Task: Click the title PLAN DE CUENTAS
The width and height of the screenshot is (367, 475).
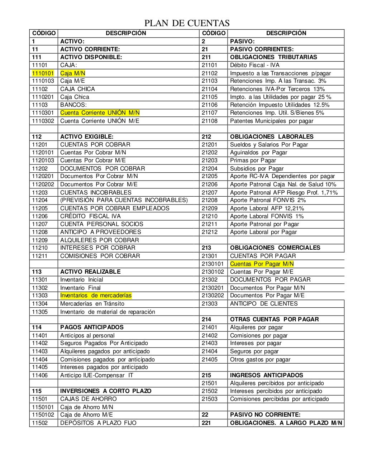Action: pos(186,24)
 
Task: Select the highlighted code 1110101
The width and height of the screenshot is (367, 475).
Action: pos(43,73)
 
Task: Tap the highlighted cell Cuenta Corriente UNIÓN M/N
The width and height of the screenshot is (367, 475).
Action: pos(100,113)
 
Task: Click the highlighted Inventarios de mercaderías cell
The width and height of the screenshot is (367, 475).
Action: pos(96,296)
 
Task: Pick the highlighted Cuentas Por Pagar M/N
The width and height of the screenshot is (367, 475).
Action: pos(262,264)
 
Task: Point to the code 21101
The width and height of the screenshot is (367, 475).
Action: pos(209,65)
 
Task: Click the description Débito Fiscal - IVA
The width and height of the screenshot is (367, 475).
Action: pos(254,65)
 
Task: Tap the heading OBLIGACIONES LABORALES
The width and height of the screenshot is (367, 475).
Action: pos(272,136)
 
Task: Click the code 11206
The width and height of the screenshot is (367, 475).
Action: pos(40,216)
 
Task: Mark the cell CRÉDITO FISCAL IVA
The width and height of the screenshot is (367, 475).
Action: pos(90,216)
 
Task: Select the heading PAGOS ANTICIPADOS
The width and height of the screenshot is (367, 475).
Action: pos(92,327)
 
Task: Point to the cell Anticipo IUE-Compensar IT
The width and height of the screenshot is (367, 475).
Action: pos(97,375)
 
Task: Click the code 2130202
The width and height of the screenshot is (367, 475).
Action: pos(213,296)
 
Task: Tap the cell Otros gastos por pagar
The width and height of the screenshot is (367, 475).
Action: pos(260,359)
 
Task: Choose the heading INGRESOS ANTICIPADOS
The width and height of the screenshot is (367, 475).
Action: pos(266,375)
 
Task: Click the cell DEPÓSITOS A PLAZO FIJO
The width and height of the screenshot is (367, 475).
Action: pos(98,423)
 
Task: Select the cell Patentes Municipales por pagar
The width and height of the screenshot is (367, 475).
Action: pos(271,121)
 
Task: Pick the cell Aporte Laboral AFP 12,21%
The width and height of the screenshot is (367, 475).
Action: pos(267,208)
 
